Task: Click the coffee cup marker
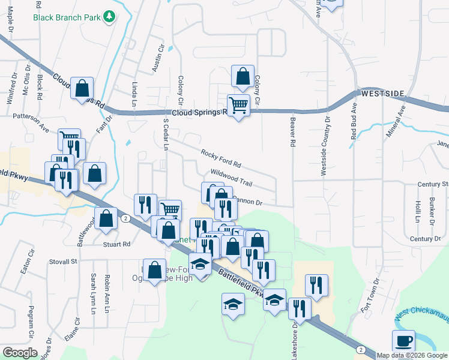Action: tap(403, 341)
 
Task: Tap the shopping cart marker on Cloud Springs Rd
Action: tap(238, 105)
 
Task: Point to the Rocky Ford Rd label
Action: tap(221, 159)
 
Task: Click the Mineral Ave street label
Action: tap(396, 121)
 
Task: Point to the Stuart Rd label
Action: tap(118, 244)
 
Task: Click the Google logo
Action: tap(20, 353)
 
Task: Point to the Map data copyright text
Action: tap(412, 355)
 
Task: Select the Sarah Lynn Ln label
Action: tap(94, 294)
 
